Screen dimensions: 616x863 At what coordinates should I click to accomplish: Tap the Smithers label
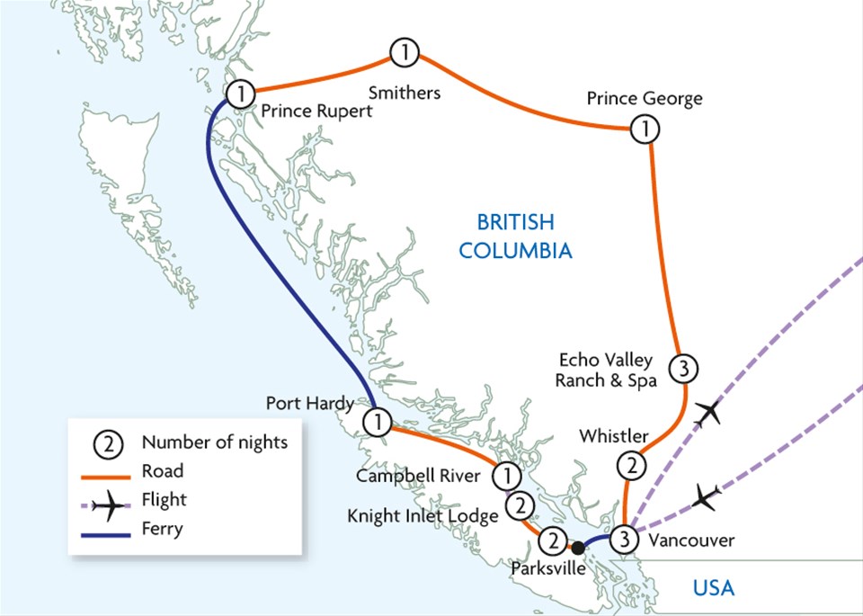point(406,92)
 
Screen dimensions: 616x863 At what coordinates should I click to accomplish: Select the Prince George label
point(645,98)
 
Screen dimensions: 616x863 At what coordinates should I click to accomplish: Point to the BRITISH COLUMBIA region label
point(515,236)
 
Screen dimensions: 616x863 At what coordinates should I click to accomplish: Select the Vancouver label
point(690,540)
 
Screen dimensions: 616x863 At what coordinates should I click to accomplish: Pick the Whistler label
point(613,436)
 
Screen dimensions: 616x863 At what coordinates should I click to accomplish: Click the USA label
point(713,589)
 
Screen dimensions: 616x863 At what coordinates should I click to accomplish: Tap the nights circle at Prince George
point(645,129)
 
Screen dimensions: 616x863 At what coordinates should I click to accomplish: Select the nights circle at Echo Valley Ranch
point(684,367)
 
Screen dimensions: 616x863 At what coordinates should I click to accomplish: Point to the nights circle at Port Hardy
point(378,421)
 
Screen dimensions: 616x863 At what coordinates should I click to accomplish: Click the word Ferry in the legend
point(162,528)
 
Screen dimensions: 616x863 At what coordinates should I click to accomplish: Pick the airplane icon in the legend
point(111,508)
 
